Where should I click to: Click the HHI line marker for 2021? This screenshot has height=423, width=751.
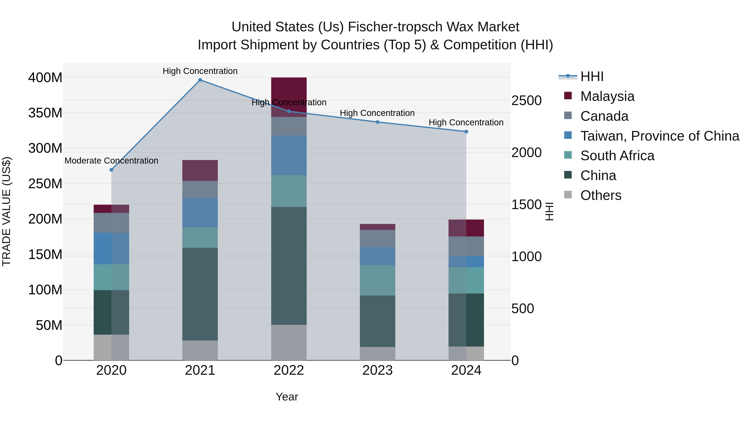tap(200, 80)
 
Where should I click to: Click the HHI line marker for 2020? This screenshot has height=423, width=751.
tap(111, 170)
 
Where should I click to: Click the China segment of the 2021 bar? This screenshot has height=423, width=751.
tap(200, 294)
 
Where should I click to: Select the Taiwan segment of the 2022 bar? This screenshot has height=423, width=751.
tap(289, 155)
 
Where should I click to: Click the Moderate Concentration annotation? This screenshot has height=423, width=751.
tap(111, 161)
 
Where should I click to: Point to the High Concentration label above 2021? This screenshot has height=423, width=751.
tap(200, 71)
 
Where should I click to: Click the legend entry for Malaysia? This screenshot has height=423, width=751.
tap(607, 96)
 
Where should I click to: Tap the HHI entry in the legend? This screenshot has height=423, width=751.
tap(592, 76)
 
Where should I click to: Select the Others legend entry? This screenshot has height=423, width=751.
tap(601, 195)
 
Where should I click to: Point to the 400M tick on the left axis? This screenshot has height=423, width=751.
tap(45, 78)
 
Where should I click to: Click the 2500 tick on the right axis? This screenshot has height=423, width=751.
tap(527, 100)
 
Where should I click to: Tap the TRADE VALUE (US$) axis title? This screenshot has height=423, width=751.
tap(6, 211)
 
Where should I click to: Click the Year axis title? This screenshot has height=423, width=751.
tap(287, 397)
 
